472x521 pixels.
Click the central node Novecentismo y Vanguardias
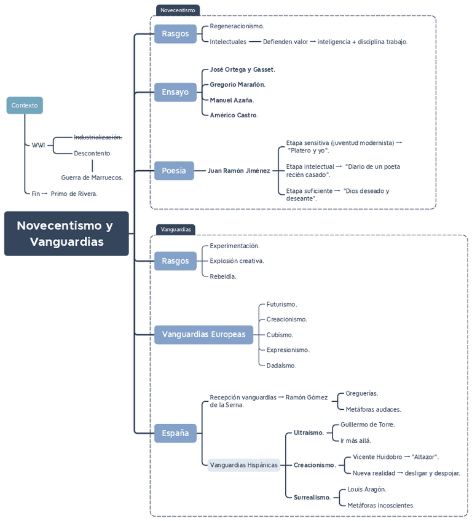tap(66, 233)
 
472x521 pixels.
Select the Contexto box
tap(25, 106)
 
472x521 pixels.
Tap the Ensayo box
tap(175, 92)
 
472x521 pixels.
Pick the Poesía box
tap(174, 171)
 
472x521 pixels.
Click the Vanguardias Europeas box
tap(203, 335)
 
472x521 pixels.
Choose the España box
tap(175, 433)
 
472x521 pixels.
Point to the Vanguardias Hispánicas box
tap(243, 465)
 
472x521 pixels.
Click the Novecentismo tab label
tap(178, 10)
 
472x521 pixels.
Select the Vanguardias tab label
tap(176, 230)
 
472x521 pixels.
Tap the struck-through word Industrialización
tap(98, 137)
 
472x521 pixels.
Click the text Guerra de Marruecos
tap(92, 178)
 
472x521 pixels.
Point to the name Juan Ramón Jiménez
tap(238, 171)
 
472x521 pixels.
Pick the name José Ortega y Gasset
tap(242, 69)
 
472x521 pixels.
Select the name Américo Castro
tap(234, 115)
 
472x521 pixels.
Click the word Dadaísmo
tap(281, 366)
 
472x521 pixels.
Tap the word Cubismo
tap(280, 335)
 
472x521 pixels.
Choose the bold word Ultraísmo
tap(309, 433)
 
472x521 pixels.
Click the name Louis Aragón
tap(366, 490)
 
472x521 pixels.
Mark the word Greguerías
tap(361, 393)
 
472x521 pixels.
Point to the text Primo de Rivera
tap(74, 194)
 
